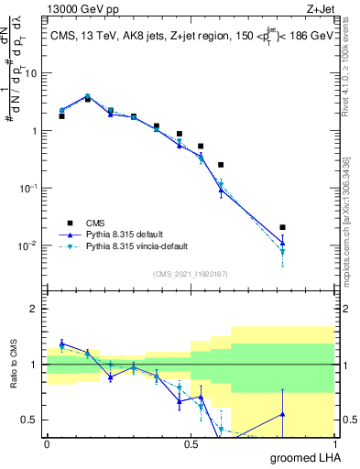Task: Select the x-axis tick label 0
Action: tap(47, 442)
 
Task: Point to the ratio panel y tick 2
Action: tap(36, 309)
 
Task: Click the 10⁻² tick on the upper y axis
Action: tap(30, 245)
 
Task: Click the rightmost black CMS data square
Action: tap(282, 227)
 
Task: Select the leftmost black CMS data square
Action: tap(61, 116)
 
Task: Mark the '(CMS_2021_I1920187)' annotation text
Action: tap(190, 274)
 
